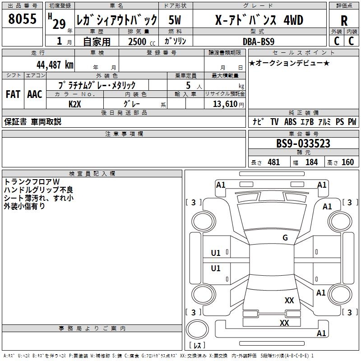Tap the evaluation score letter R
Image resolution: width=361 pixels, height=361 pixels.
pos(344,20)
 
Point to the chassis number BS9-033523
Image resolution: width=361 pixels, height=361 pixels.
pos(303,144)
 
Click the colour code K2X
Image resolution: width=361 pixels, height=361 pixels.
pos(75,103)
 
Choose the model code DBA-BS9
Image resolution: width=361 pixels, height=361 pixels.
pos(258,41)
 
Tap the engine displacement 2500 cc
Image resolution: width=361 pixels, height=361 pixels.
pos(138,42)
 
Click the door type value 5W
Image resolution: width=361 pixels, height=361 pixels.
pos(175,20)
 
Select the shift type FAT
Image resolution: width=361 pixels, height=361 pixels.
pos(13,94)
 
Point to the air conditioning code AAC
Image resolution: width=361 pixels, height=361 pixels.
pos(35,94)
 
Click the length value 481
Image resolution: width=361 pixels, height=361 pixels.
pos(273,162)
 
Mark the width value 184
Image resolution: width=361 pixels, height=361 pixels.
pos(311,162)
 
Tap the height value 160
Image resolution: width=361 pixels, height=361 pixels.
pos(347,162)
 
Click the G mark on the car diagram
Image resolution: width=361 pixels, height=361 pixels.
pos(285,238)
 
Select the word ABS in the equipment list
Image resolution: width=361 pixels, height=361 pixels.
pos(290,122)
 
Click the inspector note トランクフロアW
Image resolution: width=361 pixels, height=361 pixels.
pos(32,182)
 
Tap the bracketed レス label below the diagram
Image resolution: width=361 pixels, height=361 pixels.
pos(197,345)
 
